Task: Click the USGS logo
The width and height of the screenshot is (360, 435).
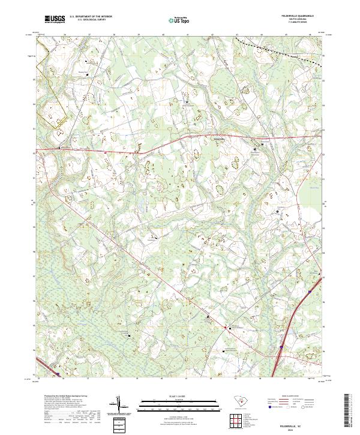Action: [x=54, y=20]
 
